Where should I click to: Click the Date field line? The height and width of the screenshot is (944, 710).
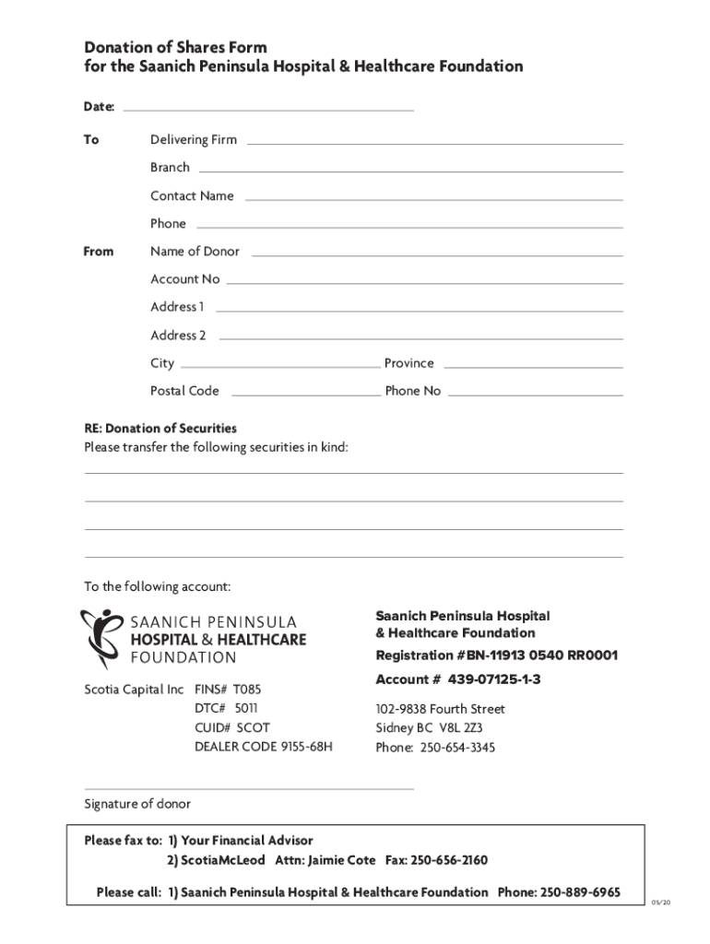(267, 109)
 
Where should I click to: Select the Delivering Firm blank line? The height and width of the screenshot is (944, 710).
(434, 143)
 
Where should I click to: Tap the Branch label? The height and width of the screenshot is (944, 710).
(170, 168)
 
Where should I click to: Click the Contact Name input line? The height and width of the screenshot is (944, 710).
(433, 199)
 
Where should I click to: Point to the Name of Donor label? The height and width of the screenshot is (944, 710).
(195, 252)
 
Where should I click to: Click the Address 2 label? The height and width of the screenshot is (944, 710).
(178, 336)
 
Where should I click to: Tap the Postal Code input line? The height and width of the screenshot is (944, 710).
(304, 394)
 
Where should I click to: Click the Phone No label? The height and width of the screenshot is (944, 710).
(413, 391)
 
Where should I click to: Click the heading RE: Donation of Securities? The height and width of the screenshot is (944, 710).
(160, 429)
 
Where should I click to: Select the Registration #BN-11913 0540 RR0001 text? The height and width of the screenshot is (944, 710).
(496, 656)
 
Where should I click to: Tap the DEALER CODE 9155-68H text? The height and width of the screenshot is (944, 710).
(263, 747)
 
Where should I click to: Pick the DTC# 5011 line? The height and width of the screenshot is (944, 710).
(226, 708)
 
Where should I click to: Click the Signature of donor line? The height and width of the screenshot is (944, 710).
(249, 788)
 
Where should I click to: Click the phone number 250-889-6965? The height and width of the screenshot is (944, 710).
(580, 892)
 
